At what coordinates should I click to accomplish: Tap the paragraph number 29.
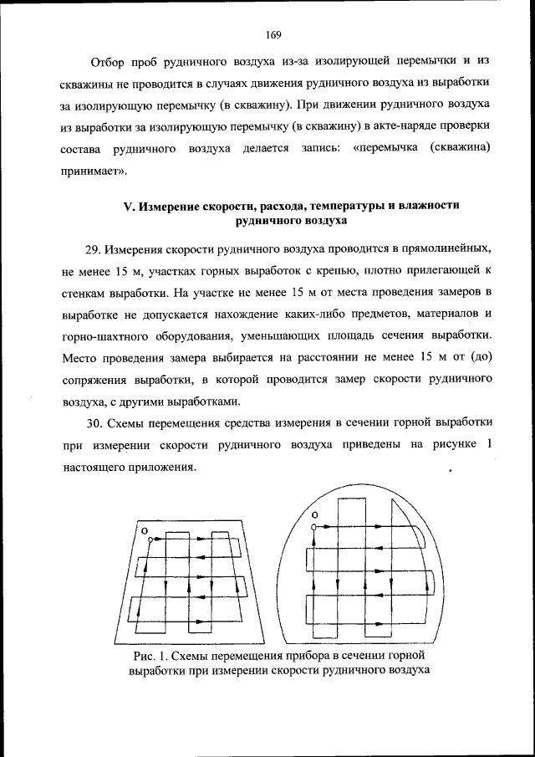pos(94,248)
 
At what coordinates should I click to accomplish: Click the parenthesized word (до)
pos(478,357)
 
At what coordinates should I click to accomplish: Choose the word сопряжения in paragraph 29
pos(95,379)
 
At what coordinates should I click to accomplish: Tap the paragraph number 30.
pos(94,422)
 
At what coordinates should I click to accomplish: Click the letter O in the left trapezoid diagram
pos(143,531)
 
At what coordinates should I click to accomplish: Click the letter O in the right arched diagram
pos(313,514)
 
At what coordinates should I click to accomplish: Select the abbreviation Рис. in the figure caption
pos(146,656)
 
